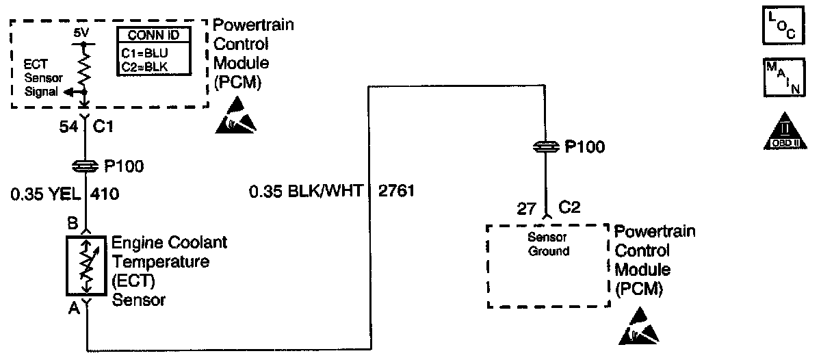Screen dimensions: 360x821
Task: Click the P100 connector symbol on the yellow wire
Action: [x=84, y=166]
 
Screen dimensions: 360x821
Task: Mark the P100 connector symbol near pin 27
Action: [x=545, y=146]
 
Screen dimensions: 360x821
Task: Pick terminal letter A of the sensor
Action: [x=71, y=310]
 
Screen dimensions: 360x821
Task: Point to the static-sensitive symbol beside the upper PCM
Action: [x=237, y=117]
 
